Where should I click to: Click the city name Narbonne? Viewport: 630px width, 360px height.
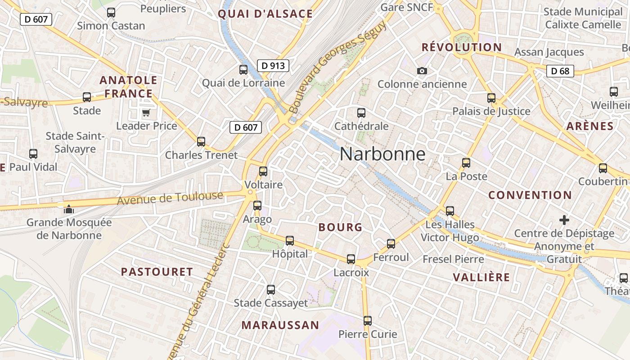click(382, 154)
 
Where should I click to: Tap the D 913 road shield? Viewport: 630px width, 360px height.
click(273, 66)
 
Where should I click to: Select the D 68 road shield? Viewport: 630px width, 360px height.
click(560, 71)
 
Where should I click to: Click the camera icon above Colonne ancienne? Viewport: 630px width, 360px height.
click(422, 71)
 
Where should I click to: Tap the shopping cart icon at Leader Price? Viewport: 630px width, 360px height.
click(146, 112)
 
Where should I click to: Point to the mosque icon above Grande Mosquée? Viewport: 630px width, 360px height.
click(68, 209)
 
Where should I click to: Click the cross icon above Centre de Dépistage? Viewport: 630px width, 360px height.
click(564, 220)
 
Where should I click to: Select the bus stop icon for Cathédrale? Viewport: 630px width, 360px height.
click(361, 113)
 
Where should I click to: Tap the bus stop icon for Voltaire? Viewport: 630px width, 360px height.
click(263, 171)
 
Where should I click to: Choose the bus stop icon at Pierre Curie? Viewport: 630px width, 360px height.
click(368, 321)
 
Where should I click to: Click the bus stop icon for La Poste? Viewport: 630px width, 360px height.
click(466, 163)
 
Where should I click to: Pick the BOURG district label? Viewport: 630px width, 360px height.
click(340, 227)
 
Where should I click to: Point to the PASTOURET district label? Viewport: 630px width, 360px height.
click(157, 272)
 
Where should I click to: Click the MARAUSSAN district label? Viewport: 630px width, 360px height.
click(280, 325)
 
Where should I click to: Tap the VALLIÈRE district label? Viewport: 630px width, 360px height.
click(481, 277)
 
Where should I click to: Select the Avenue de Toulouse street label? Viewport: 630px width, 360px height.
click(170, 198)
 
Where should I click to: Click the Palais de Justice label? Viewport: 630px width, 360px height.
click(491, 111)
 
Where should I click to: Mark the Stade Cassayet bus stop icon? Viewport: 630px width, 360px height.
click(270, 290)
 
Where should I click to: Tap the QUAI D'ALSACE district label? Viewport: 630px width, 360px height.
click(265, 14)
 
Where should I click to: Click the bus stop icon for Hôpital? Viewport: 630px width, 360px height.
click(290, 241)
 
